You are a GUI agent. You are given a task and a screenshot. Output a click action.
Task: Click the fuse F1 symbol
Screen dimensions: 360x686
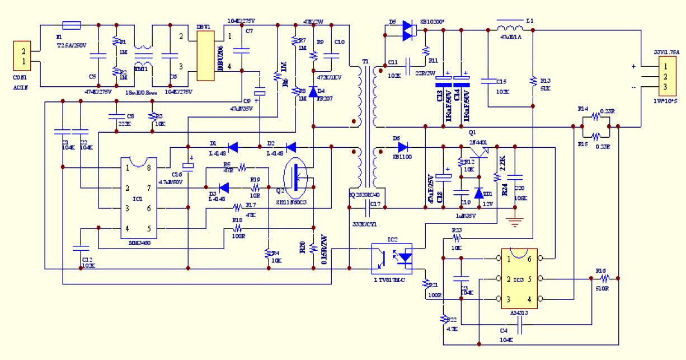(71, 25)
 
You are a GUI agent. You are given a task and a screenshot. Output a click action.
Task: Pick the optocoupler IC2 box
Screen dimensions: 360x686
(392, 255)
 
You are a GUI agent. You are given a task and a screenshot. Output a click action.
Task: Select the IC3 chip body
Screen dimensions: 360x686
(519, 279)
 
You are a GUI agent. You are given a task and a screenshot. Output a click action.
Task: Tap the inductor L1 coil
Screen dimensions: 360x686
(510, 27)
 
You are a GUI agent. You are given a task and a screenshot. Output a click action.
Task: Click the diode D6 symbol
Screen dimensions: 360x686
(402, 148)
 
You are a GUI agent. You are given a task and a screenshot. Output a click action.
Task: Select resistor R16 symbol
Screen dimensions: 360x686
(602, 278)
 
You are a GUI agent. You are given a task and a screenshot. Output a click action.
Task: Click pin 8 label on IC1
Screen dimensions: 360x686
(149, 167)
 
